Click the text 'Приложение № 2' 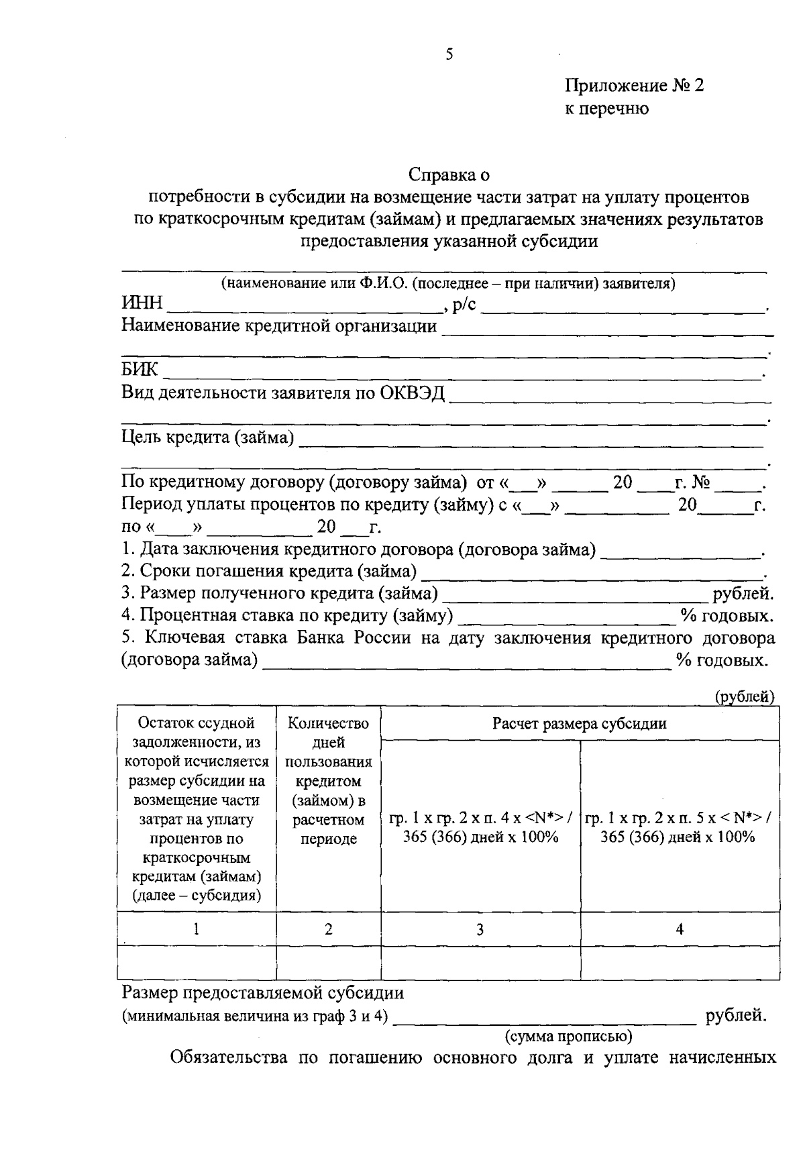[634, 86]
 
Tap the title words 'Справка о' [449, 176]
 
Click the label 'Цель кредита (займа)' [207, 438]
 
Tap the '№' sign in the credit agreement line [701, 482]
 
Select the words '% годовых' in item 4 [727, 616]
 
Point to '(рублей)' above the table [744, 696]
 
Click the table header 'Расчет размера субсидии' [580, 723]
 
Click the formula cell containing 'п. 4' [480, 827]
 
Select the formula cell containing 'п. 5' [679, 827]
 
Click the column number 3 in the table [480, 929]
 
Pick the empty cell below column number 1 [196, 963]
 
